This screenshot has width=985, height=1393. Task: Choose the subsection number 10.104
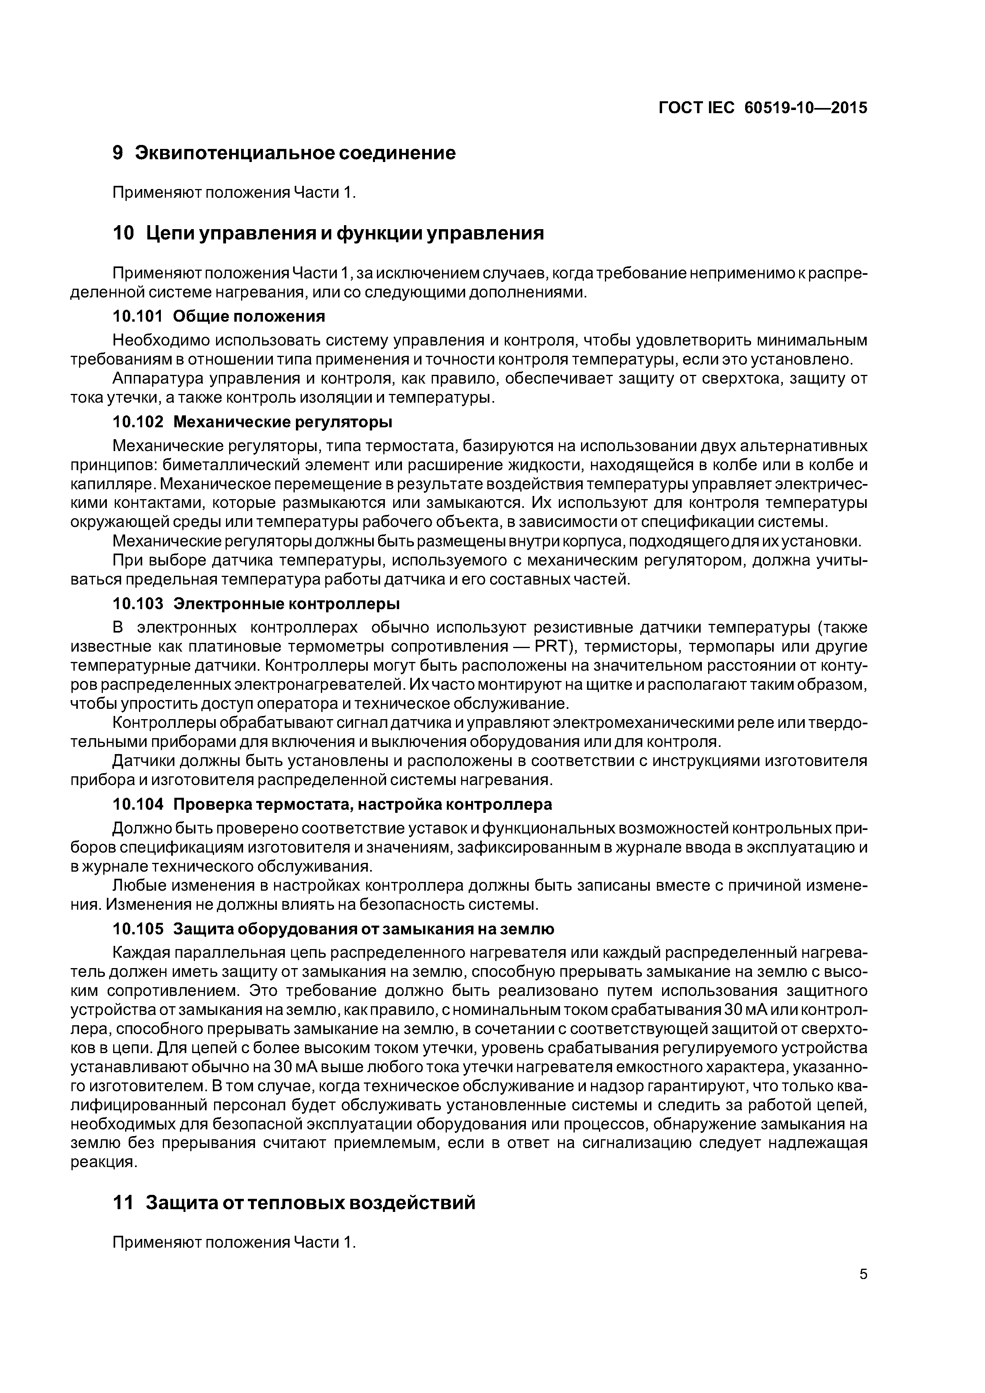[138, 805]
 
